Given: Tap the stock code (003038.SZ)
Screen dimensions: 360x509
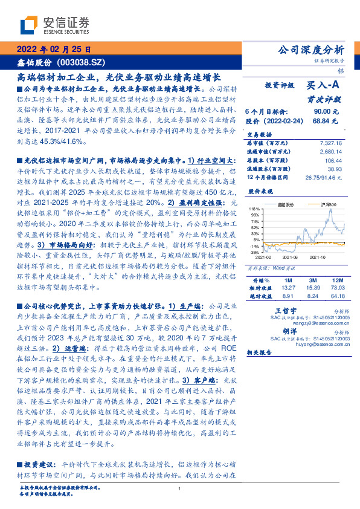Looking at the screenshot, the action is (82, 63).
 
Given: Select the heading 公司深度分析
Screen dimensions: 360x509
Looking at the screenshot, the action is (310, 50).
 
